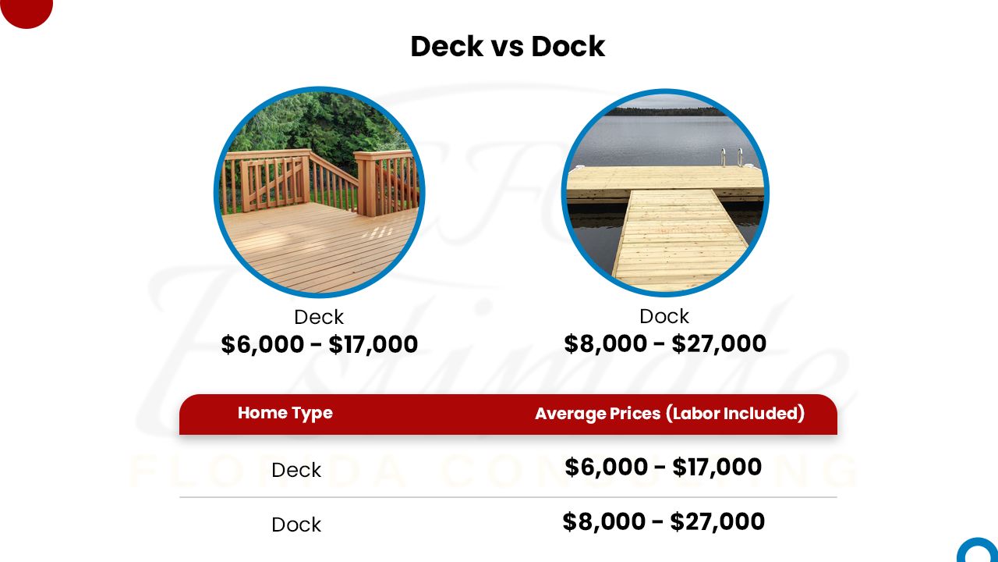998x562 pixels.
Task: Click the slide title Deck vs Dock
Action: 508,46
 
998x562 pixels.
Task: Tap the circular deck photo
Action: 320,192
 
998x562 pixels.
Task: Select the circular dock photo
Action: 665,193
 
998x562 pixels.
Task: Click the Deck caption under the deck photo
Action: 319,317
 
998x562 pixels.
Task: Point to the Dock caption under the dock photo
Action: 664,316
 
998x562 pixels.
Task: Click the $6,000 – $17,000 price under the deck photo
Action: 320,344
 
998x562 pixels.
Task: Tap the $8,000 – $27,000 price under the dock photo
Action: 665,343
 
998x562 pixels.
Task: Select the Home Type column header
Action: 285,414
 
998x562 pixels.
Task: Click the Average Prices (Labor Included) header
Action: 670,414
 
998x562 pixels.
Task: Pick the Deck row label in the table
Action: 296,470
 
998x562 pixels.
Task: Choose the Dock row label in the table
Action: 296,525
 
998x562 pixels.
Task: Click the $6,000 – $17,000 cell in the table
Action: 664,467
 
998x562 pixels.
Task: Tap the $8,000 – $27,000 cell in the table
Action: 664,521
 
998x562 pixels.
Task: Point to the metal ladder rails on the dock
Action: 731,157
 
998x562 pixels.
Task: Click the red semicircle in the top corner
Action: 27,13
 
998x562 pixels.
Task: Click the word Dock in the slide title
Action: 568,46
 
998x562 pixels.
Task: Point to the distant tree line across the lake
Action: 665,111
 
